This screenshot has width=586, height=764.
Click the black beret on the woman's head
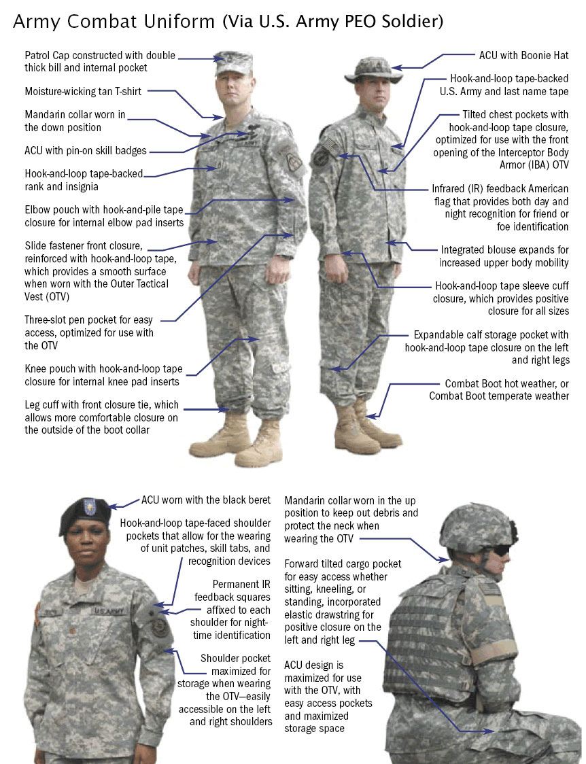84,514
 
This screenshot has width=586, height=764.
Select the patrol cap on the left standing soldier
234,63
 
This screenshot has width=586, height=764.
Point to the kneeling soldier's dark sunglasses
502,551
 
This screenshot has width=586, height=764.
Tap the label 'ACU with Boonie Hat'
523,56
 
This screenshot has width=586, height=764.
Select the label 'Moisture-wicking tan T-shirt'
84,91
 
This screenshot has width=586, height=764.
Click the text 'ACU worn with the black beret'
205,500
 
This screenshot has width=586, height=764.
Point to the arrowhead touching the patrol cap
219,59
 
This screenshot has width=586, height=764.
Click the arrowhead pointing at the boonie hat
396,68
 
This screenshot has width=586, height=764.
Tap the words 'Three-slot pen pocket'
71,320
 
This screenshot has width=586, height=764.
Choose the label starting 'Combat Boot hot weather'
500,389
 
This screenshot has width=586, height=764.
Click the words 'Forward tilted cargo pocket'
343,563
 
